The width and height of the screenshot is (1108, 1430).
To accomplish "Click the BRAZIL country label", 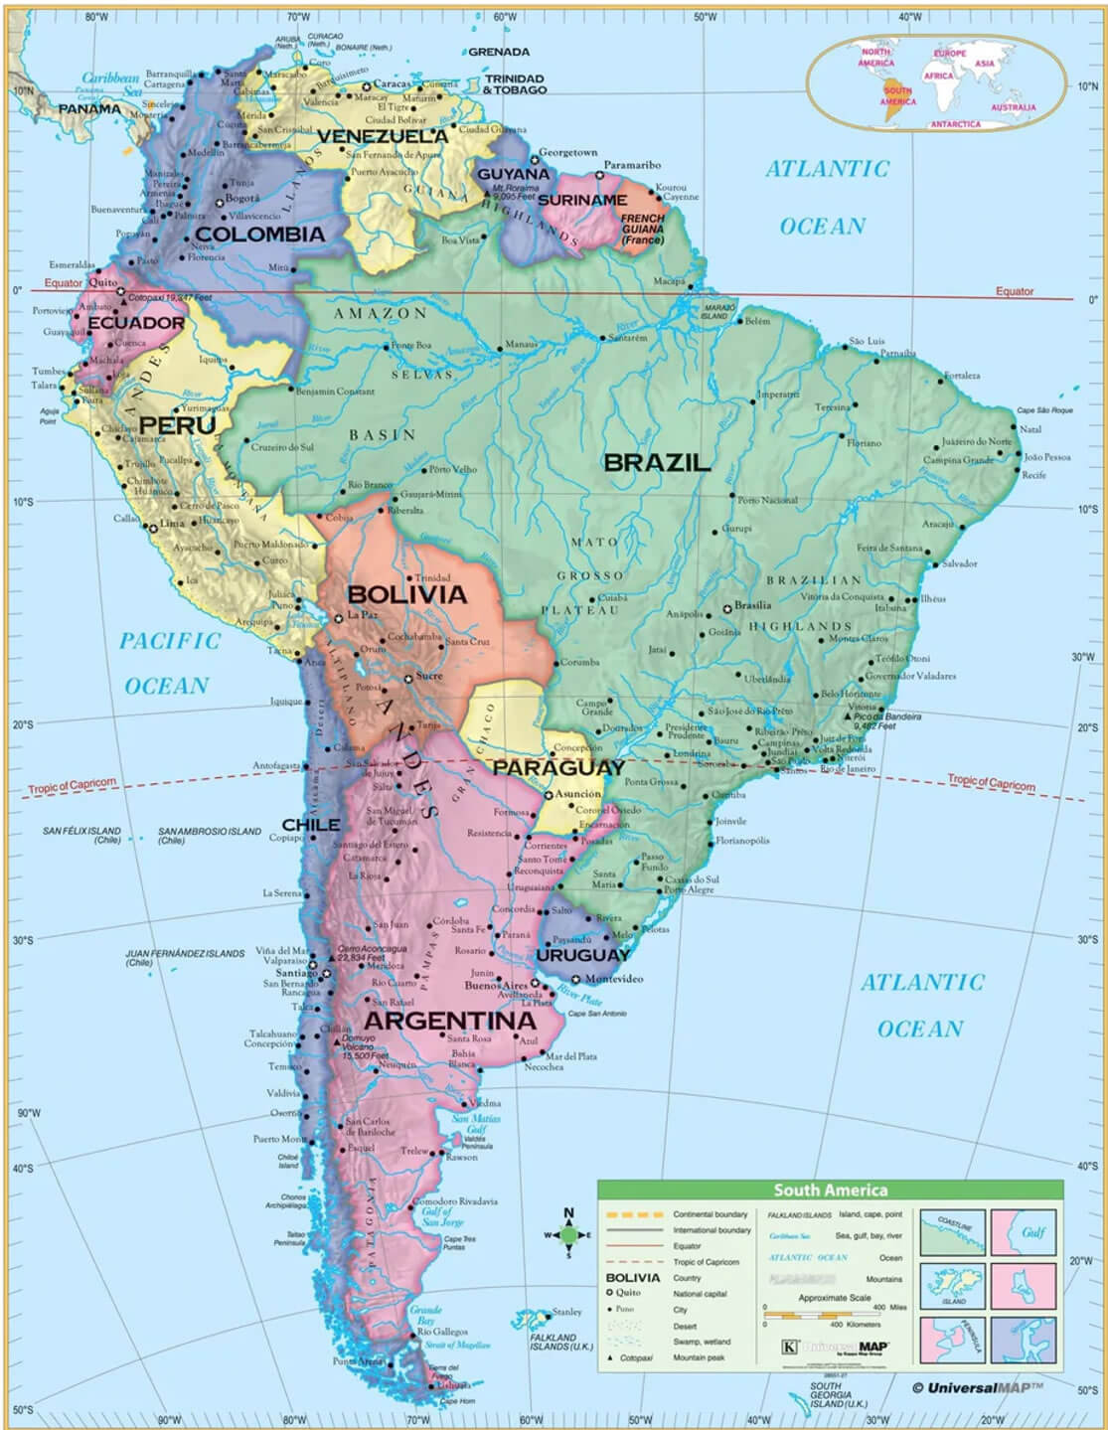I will (x=657, y=462).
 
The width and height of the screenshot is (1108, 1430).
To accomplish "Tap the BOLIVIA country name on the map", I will (x=406, y=594).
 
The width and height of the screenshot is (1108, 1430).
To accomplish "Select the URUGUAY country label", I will (x=583, y=955).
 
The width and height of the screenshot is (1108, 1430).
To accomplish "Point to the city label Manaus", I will (x=521, y=344).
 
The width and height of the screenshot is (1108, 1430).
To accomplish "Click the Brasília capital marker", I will (x=727, y=607).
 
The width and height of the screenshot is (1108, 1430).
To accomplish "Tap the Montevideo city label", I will (x=613, y=978).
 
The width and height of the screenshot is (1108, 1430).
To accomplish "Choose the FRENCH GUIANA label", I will (x=643, y=229).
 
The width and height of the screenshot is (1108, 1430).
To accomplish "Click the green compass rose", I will (x=568, y=1235).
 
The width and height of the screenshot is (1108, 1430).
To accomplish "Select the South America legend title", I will (x=831, y=1190).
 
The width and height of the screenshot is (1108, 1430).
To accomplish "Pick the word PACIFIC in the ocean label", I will (x=170, y=641).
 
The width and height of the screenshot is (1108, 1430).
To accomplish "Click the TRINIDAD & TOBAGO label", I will (x=515, y=83).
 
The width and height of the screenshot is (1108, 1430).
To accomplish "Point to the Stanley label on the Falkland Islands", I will (x=566, y=1312).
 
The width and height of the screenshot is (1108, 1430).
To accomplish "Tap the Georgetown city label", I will (x=567, y=152).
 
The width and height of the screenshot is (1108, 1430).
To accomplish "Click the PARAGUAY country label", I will (x=558, y=767).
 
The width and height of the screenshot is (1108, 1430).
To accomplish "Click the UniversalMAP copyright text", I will (x=978, y=1387).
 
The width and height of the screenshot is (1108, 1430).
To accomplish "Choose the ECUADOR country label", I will (x=136, y=323).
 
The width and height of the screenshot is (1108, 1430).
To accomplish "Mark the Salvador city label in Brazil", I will (x=959, y=563).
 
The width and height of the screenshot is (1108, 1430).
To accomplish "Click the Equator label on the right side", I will (x=1015, y=291).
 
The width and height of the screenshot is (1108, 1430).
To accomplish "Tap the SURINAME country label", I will (x=582, y=200).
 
